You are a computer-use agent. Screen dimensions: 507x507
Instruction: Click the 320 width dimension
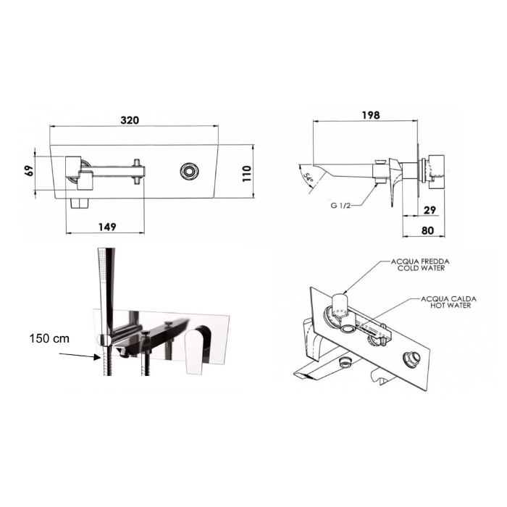pos(130,120)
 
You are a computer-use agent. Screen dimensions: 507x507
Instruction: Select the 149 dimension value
pos(107,227)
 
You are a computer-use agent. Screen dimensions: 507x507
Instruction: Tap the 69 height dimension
pos(30,170)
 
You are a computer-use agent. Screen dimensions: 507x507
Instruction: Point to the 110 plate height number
pos(247,173)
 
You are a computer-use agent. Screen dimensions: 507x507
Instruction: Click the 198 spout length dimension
pos(371,115)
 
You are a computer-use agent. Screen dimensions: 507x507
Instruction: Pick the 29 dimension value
pos(430,210)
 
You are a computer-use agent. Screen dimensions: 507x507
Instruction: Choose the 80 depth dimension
pos(427,230)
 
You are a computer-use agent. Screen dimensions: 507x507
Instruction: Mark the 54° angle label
pos(309,177)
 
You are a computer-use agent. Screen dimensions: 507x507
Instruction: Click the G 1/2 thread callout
pos(340,205)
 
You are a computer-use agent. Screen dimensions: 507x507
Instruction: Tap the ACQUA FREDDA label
pos(420,261)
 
